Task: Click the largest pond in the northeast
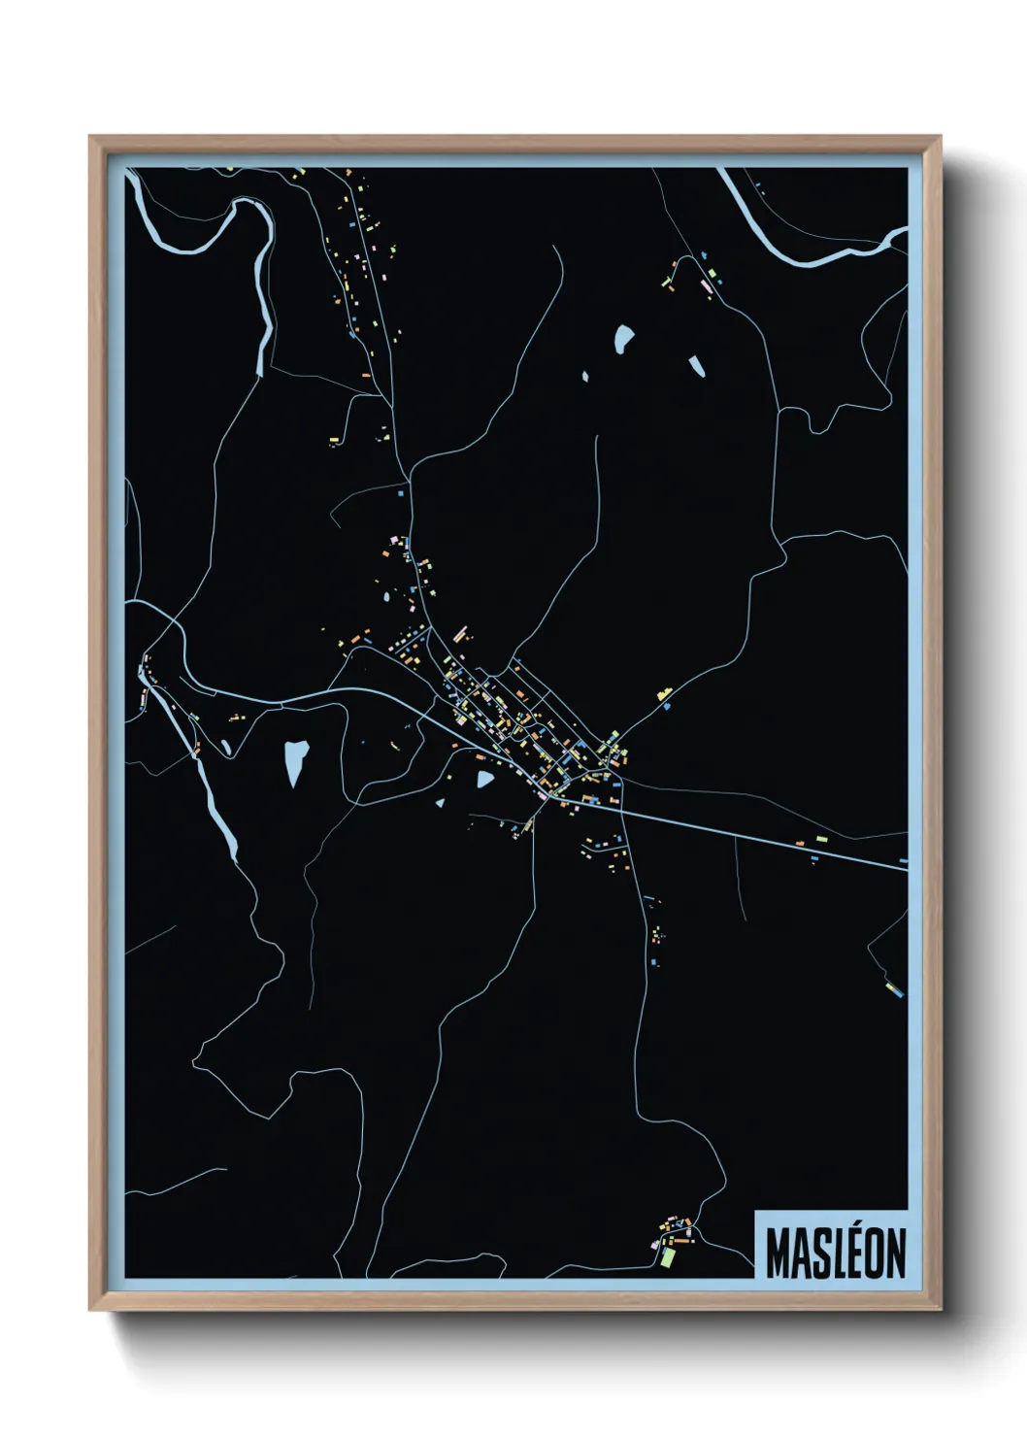[623, 339]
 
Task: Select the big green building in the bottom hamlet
[668, 1256]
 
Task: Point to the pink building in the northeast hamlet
[706, 285]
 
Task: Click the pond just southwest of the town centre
[484, 778]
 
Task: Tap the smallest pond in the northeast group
[584, 376]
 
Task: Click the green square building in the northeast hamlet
[719, 281]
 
